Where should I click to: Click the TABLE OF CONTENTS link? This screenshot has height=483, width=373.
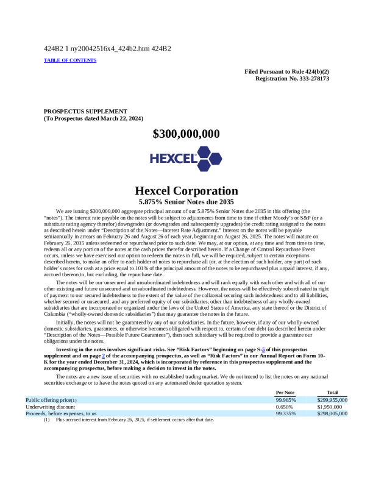(70, 60)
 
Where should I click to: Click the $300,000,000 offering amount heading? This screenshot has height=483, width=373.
(186, 134)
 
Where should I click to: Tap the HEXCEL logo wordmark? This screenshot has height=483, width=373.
(173, 159)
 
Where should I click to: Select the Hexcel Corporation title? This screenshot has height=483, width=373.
(186, 191)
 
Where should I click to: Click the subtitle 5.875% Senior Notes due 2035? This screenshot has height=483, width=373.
(186, 201)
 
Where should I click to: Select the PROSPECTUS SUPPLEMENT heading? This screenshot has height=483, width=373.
(85, 111)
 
